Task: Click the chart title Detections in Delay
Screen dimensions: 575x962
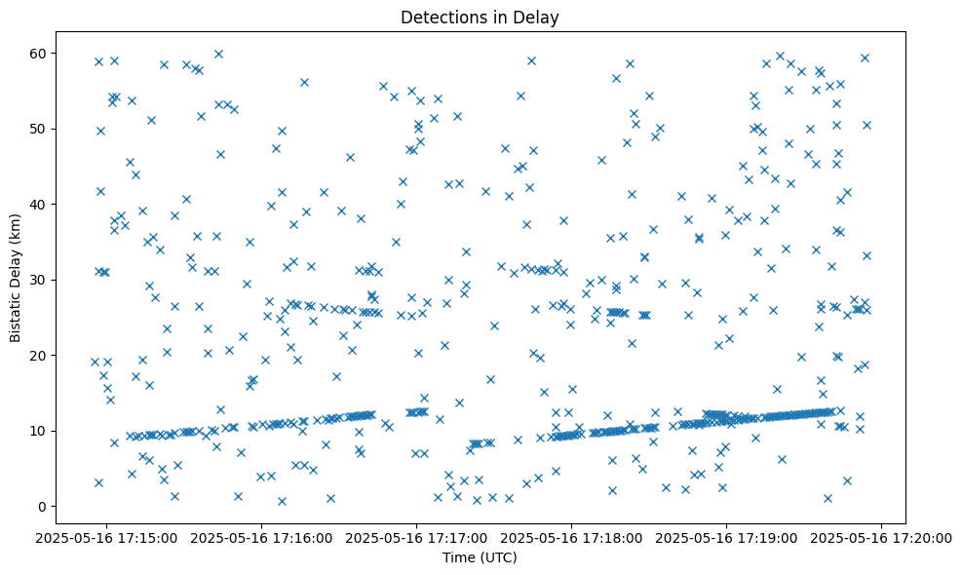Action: click(x=481, y=18)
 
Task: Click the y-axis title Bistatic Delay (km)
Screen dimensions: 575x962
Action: click(x=16, y=278)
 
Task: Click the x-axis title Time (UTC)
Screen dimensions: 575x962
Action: click(x=481, y=558)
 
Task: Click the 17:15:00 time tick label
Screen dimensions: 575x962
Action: click(x=106, y=537)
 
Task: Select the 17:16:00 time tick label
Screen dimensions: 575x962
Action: click(x=261, y=537)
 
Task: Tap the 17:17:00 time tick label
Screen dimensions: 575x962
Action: click(x=417, y=537)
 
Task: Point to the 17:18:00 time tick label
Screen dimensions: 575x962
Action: click(x=572, y=537)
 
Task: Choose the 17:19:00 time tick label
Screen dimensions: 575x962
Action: click(x=727, y=537)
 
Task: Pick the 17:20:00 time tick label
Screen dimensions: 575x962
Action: click(x=883, y=537)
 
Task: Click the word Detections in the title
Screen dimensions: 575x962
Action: click(x=438, y=18)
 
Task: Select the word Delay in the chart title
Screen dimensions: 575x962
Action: click(x=540, y=18)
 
